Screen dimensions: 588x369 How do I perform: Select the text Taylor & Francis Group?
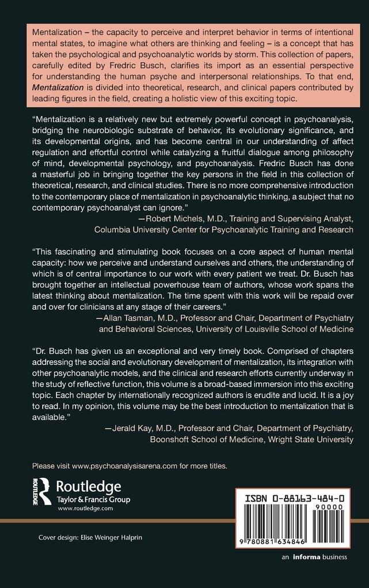click(x=94, y=499)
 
